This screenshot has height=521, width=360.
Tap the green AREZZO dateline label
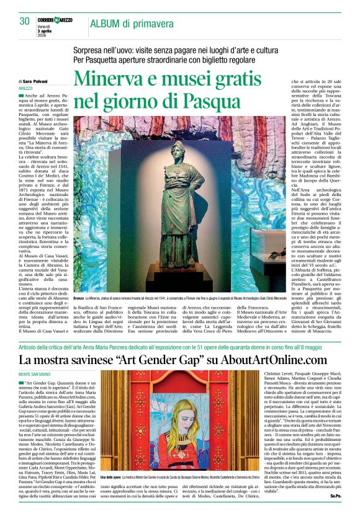tap(26, 89)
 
